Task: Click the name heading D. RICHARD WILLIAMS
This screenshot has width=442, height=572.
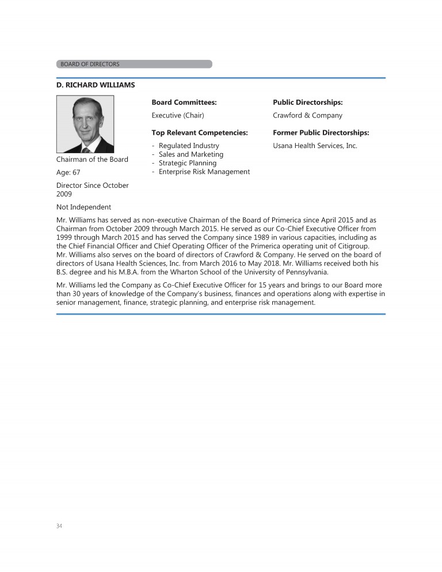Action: [x=96, y=85]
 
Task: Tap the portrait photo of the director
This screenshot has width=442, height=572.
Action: [x=85, y=124]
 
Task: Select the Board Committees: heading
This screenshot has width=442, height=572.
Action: [x=184, y=103]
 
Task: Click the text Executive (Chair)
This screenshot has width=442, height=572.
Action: [x=178, y=115]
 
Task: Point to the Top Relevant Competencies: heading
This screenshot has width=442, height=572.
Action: [x=200, y=132]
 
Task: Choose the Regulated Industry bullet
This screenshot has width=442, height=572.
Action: [x=189, y=146]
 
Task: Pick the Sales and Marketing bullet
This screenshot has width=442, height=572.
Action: [x=191, y=154]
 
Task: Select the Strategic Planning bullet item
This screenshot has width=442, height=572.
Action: [x=188, y=163]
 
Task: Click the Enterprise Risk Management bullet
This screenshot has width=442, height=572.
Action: [x=204, y=172]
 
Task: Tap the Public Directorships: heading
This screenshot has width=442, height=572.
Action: [x=308, y=103]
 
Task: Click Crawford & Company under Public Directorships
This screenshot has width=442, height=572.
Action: [x=307, y=115]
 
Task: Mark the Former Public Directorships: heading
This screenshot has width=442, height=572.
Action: [x=321, y=132]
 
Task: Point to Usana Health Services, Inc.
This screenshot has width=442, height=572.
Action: [x=315, y=146]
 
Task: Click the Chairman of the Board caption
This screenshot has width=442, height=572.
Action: [x=92, y=160]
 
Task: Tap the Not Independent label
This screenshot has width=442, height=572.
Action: [x=84, y=207]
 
